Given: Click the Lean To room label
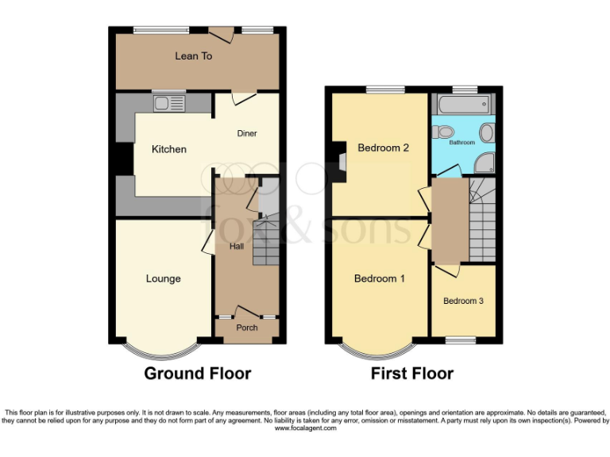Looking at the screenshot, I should tap(194, 56).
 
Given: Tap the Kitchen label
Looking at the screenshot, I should tap(169, 149).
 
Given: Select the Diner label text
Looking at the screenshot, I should tap(247, 133).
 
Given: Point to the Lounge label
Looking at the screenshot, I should tap(163, 278).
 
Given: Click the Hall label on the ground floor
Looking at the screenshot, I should tap(237, 247).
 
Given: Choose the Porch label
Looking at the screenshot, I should tap(247, 328).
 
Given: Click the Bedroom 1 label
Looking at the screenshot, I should tap(379, 278).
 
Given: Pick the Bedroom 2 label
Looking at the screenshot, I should tap(383, 148).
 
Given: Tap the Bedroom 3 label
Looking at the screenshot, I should tap(463, 301).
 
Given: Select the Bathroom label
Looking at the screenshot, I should tap(462, 143).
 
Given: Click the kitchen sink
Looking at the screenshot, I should tap(169, 102).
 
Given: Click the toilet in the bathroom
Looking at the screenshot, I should tap(445, 132).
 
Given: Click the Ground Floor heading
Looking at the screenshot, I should tap(197, 373).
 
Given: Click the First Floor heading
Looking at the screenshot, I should tap(412, 373).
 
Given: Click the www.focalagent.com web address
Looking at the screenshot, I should tap(305, 428).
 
